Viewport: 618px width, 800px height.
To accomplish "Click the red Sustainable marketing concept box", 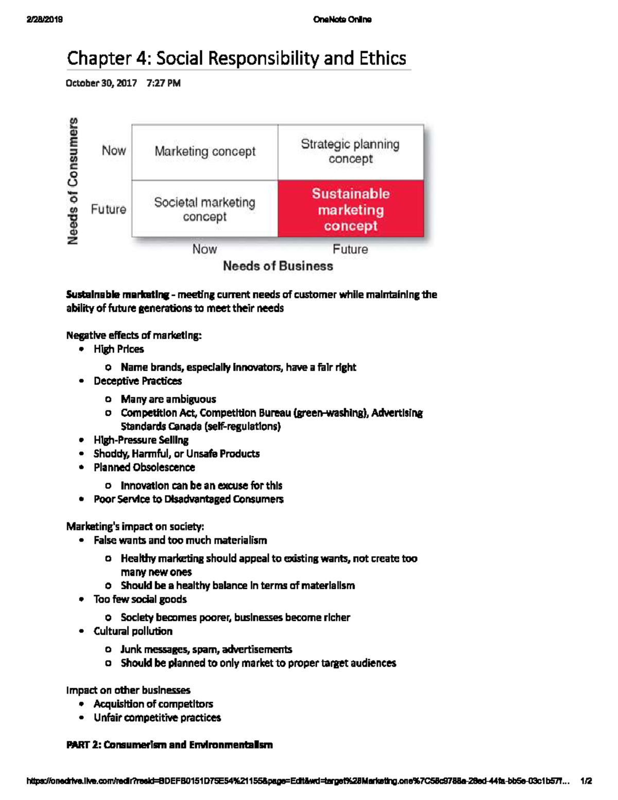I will [351, 209].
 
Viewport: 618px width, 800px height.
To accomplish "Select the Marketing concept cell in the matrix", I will [205, 151].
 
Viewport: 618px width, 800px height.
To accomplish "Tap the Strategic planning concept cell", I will [350, 151].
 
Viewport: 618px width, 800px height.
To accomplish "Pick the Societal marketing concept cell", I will [205, 209].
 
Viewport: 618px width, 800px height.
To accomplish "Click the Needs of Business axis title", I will [278, 266].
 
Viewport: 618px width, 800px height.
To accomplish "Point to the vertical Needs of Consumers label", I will [73, 181].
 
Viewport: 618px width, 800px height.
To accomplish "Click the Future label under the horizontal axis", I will [350, 249].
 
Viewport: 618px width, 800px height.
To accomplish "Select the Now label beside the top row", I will [114, 150].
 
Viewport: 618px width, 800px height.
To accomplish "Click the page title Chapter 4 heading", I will [236, 58].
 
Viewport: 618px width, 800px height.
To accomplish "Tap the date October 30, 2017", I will [101, 83].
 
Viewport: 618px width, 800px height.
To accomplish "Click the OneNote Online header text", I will [342, 20].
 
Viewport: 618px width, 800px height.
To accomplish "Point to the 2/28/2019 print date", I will [45, 20].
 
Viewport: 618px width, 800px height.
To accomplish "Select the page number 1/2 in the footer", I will [586, 780].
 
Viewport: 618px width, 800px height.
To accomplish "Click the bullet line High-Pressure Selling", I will [141, 440].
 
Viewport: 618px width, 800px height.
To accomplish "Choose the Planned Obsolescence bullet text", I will [144, 467].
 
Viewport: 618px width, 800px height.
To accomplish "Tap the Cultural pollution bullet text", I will [133, 631].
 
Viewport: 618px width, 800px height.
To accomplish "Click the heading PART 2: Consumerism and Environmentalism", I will [169, 744].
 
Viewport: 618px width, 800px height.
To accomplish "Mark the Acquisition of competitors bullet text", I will [153, 704].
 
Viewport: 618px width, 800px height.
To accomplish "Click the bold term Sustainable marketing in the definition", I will [117, 295].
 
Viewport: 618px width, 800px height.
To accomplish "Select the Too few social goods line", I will [140, 599].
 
